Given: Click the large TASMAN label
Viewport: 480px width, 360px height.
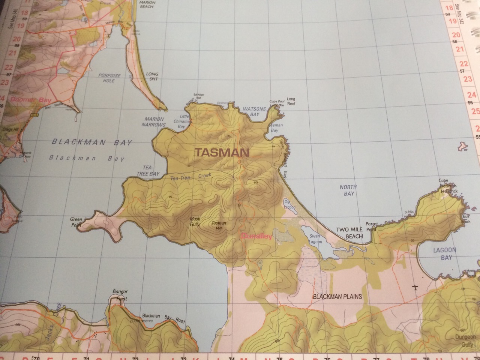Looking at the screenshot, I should pyautogui.click(x=222, y=153).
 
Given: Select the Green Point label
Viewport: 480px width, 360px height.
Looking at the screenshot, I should pyautogui.click(x=76, y=222).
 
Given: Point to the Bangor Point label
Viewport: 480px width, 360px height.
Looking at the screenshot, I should pyautogui.click(x=120, y=295).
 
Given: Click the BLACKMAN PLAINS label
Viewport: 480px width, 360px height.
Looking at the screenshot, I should pyautogui.click(x=337, y=296).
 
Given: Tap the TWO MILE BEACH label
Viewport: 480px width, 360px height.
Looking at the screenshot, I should pyautogui.click(x=349, y=232).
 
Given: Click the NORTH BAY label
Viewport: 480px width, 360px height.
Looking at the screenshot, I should pyautogui.click(x=348, y=190).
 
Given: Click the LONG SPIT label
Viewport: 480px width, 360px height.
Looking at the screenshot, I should pyautogui.click(x=152, y=76).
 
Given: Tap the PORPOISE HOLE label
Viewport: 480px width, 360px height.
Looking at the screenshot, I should pyautogui.click(x=109, y=78).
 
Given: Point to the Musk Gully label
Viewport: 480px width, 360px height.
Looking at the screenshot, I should pyautogui.click(x=195, y=221).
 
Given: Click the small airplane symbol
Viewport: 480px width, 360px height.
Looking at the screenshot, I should pyautogui.click(x=415, y=288).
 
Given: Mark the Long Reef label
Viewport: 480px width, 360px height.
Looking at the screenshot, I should pyautogui.click(x=291, y=101).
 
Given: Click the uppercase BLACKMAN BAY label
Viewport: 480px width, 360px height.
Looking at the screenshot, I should pyautogui.click(x=92, y=142).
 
